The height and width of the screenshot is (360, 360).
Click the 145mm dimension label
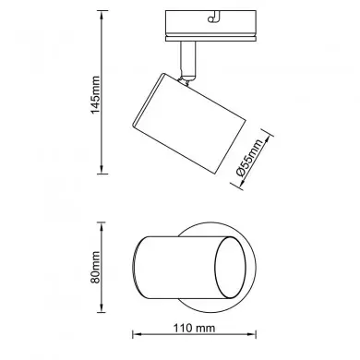tap(95, 94)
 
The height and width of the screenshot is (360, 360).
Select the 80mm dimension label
tap(95, 267)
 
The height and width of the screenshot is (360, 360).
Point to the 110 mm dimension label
tap(194, 328)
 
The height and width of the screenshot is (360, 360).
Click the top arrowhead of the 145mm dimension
tap(102, 15)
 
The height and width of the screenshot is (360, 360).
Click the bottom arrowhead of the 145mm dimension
tap(102, 170)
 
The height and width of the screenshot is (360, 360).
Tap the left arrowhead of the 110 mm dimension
tap(137, 334)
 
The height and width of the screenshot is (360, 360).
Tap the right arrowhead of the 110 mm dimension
tap(252, 334)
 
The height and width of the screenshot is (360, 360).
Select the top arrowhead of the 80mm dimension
tap(102, 226)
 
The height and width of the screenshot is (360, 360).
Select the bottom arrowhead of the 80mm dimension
tap(102, 308)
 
